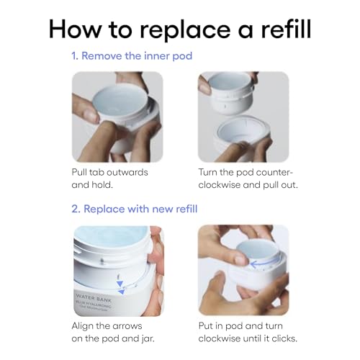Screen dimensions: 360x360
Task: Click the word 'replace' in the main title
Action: click(185, 30)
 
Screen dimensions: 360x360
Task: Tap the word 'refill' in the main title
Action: click(286, 29)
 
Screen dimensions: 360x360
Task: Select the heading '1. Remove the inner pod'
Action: click(132, 56)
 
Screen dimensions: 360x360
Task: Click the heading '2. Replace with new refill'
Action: click(135, 209)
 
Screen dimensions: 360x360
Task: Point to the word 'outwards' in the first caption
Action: click(127, 172)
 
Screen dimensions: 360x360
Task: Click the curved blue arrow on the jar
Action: click(264, 263)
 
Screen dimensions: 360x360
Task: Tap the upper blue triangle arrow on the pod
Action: click(120, 284)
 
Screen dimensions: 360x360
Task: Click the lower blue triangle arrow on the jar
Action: click(122, 292)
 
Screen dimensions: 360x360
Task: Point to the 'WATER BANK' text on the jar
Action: click(94, 298)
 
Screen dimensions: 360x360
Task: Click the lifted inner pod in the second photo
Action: click(230, 94)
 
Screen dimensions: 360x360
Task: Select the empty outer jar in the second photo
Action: click(243, 137)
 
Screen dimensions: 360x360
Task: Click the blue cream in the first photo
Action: click(120, 101)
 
